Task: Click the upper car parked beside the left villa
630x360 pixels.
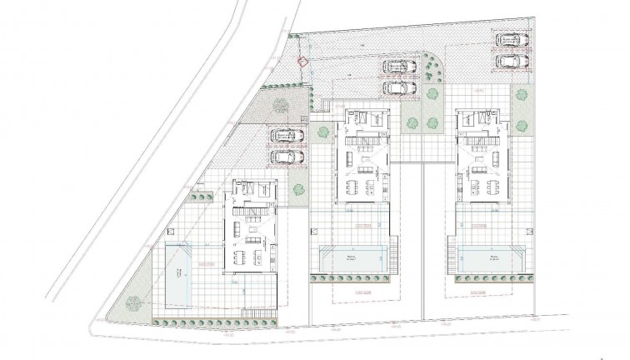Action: pyautogui.click(x=285, y=135)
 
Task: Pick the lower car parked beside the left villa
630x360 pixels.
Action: pyautogui.click(x=285, y=155)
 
